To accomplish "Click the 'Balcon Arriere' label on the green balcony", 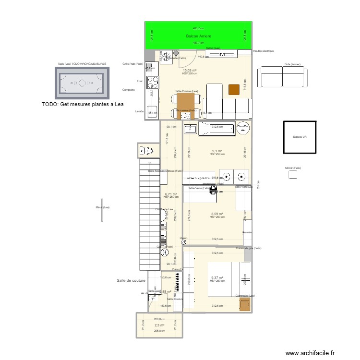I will tap(199, 36).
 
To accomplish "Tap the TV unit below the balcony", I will tap(221, 55).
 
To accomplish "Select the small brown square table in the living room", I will tap(234, 89).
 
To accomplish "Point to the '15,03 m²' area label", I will tap(190, 70).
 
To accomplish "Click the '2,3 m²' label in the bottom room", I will tap(159, 325).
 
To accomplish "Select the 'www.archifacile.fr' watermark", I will tap(311, 353).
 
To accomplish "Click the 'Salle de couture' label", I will tap(131, 280).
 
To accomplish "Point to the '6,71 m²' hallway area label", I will tap(170, 194).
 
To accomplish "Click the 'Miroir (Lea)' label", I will tap(103, 207).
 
